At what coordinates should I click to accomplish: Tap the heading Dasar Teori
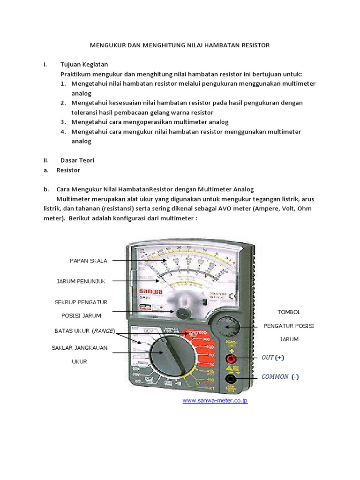point(77,160)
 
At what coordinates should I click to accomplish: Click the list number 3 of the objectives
point(63,122)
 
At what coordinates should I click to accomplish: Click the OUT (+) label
point(273,358)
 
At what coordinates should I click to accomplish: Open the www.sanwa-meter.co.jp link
point(215,401)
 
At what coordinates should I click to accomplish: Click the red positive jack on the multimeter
point(230,359)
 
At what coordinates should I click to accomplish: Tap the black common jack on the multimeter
point(230,379)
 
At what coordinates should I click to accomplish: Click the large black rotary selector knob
point(170,356)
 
